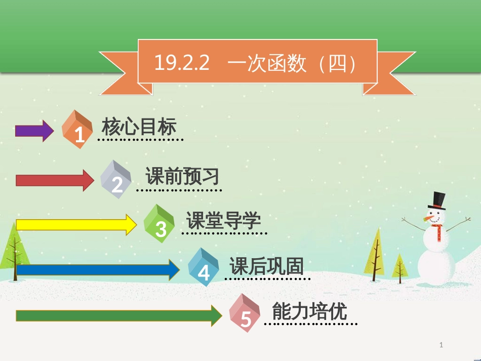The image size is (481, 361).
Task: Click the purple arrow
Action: click(34, 131)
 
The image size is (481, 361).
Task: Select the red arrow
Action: click(55, 180)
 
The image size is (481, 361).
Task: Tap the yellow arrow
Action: click(76, 224)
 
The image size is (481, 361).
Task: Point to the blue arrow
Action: click(98, 269)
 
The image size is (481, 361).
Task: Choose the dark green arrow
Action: click(119, 315)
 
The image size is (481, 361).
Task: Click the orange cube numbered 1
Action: click(77, 130)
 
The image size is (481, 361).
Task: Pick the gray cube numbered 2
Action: click(115, 179)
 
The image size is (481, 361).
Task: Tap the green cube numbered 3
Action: click(159, 224)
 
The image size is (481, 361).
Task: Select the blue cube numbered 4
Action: click(203, 267)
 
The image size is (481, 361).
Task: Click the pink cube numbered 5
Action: click(245, 313)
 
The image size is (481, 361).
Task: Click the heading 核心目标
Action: click(139, 127)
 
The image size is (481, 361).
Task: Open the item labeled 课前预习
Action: click(182, 176)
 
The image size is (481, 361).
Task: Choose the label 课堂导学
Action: click(224, 220)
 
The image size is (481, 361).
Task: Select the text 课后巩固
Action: click(266, 266)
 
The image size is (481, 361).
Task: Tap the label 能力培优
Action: click(309, 311)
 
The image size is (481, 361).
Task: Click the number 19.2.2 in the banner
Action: click(182, 63)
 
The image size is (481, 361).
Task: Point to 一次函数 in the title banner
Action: click(267, 63)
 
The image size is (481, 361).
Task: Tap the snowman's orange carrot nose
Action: click(428, 218)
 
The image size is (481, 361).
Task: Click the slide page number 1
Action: click(441, 345)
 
